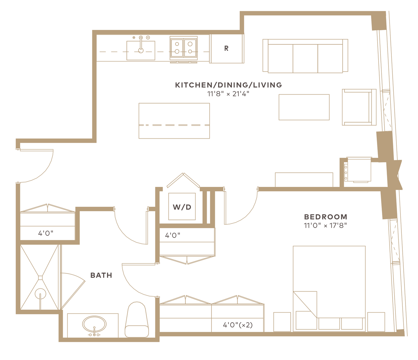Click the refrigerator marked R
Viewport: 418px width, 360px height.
[227, 48]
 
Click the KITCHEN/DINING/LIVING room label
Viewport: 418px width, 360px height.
[228, 85]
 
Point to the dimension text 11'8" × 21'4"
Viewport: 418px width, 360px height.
[228, 94]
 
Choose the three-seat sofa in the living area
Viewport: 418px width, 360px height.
[305, 56]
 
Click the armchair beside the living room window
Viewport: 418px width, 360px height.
[359, 107]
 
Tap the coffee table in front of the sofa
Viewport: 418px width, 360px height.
[304, 107]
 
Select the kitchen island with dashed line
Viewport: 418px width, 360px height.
[174, 121]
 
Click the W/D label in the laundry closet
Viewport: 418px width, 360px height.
[182, 207]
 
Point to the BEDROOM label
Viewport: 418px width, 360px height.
[326, 217]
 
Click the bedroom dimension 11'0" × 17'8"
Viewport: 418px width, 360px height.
[325, 225]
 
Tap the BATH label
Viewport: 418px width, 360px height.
[101, 275]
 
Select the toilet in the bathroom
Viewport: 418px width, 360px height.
[137, 320]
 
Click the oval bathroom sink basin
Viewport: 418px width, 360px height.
[94, 324]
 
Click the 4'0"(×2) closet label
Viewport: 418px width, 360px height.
[238, 325]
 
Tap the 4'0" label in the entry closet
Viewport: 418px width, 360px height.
[46, 233]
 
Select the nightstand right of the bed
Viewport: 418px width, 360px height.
[376, 322]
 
